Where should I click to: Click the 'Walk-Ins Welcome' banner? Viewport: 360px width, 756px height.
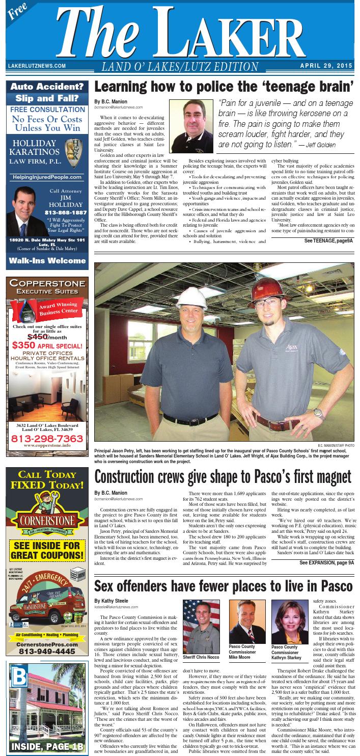(x=47, y=261)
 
